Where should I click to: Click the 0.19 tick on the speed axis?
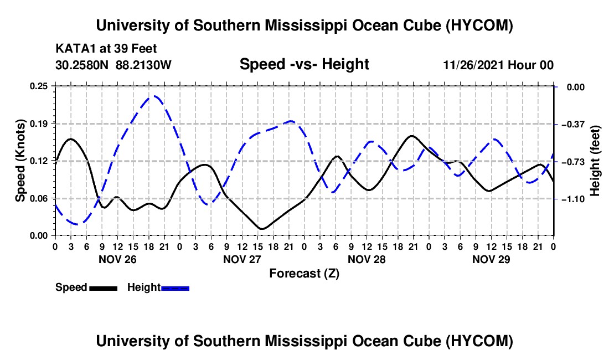pyautogui.click(x=38, y=124)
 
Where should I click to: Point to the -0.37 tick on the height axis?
pyautogui.click(x=572, y=124)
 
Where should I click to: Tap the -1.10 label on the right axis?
pyautogui.click(x=572, y=199)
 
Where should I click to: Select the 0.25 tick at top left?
pyautogui.click(x=38, y=86)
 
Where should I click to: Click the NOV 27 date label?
pyautogui.click(x=242, y=259)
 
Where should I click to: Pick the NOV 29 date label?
pyautogui.click(x=491, y=259)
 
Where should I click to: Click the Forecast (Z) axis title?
pyautogui.click(x=304, y=274)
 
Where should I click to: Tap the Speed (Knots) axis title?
pyautogui.click(x=20, y=161)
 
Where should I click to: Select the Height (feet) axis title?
pyautogui.click(x=595, y=161)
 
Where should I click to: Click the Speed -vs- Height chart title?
pyautogui.click(x=304, y=64)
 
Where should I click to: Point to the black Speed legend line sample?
pyautogui.click(x=104, y=288)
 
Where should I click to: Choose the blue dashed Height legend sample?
pyautogui.click(x=175, y=288)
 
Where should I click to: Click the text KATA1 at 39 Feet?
pyautogui.click(x=106, y=49)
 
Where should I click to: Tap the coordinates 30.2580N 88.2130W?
pyautogui.click(x=113, y=65)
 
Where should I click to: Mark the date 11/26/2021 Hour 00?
pyautogui.click(x=498, y=65)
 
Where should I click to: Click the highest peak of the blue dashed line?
pyautogui.click(x=154, y=96)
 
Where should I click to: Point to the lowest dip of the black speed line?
pyautogui.click(x=262, y=229)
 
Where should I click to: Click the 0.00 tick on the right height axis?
pyautogui.click(x=576, y=87)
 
